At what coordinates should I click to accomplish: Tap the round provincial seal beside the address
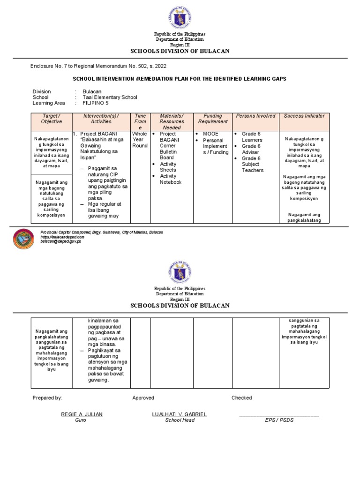(x=23, y=239)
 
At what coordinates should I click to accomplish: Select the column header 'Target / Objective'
(x=51, y=119)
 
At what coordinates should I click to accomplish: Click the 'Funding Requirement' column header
(x=212, y=119)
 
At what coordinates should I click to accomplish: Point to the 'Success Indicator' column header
(x=304, y=116)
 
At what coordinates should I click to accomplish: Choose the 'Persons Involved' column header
(x=255, y=116)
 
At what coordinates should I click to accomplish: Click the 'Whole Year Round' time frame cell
(x=140, y=140)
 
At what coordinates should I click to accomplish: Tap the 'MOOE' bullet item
(x=210, y=134)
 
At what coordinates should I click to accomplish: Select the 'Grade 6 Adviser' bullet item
(x=252, y=149)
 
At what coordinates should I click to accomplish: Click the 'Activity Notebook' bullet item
(x=170, y=179)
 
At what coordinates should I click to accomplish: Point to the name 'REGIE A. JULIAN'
(x=82, y=414)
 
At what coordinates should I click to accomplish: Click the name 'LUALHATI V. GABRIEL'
(x=179, y=414)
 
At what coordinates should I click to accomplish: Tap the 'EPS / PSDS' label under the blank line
(x=279, y=420)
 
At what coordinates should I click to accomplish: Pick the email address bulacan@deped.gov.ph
(x=60, y=241)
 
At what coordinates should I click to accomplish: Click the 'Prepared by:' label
(x=47, y=398)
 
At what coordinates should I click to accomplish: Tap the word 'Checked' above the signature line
(x=241, y=398)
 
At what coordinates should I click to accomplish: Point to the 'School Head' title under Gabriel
(x=180, y=420)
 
